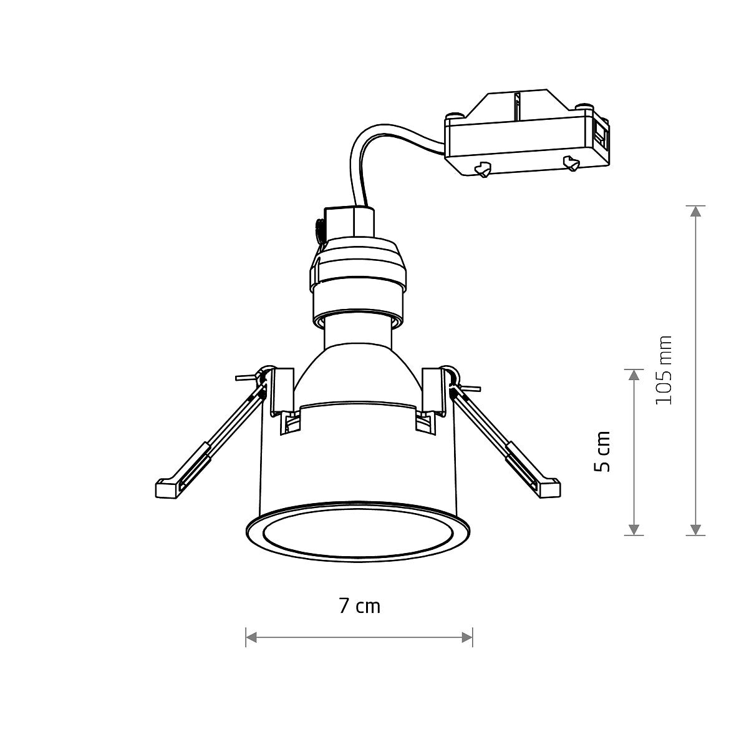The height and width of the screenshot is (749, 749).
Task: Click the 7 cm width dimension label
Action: (359, 605)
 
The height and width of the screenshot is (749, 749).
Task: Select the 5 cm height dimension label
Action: (602, 451)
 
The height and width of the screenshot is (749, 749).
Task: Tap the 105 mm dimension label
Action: (665, 370)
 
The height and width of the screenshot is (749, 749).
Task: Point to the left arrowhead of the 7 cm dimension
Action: (251, 637)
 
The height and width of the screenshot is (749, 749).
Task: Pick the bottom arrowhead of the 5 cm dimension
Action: (634, 529)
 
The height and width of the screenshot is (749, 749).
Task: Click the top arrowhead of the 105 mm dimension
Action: (695, 211)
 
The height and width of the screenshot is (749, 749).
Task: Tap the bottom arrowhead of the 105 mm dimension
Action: (695, 529)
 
